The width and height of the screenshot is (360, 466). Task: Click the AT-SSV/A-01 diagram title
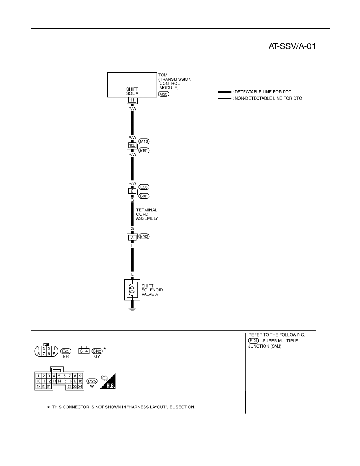click(x=292, y=46)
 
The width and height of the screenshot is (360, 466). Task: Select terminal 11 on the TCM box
click(x=132, y=100)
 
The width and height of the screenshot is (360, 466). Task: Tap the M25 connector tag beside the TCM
click(x=164, y=94)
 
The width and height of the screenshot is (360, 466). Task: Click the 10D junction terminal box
click(x=132, y=146)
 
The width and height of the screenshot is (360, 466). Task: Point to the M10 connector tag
click(x=144, y=142)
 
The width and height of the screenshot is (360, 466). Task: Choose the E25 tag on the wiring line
click(x=144, y=187)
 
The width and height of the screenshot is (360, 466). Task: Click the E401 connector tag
click(x=144, y=196)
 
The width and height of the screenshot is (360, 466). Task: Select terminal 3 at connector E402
click(x=132, y=237)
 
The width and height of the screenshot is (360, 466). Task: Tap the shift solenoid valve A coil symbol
click(x=132, y=289)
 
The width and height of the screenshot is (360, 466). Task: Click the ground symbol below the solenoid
click(x=132, y=309)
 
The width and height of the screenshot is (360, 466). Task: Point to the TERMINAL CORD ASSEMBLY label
click(x=147, y=214)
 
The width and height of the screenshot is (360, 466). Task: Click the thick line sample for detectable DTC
click(x=225, y=92)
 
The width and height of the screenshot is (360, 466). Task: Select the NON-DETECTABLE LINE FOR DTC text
click(x=268, y=98)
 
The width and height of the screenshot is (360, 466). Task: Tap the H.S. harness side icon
click(x=107, y=381)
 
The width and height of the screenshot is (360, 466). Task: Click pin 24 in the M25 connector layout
click(x=80, y=386)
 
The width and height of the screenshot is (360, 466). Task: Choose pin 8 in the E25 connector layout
click(x=38, y=354)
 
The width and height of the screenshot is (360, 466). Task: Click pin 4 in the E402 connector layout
click(x=87, y=351)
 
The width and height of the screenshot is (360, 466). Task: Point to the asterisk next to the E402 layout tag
click(x=105, y=349)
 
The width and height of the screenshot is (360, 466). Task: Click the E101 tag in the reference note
click(x=253, y=340)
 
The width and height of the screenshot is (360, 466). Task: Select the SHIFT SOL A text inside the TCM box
click(x=132, y=91)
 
